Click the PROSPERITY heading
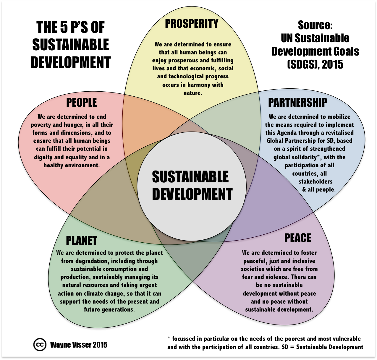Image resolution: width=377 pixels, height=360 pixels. tap(192, 24)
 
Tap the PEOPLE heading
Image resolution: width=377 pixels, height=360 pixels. tap(82, 103)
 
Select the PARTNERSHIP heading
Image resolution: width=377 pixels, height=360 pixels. tap(297, 103)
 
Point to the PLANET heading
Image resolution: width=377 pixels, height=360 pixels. tap(82, 241)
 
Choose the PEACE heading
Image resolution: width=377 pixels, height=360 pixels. tap(298, 238)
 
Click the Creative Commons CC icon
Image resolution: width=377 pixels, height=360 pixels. tap(40, 345)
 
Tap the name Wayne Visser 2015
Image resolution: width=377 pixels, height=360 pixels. tap(79, 345)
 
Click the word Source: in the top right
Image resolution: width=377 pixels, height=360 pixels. tap(315, 25)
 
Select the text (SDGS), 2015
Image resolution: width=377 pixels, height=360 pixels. tap(315, 64)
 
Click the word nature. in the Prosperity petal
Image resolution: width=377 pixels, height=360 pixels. tap(192, 93)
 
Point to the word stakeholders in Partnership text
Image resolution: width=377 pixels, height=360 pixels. tap(315, 181)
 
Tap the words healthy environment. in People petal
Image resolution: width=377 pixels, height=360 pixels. tap(72, 165)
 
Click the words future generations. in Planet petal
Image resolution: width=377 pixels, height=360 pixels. tap(109, 309)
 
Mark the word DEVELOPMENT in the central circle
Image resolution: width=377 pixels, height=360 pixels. tap(192, 194)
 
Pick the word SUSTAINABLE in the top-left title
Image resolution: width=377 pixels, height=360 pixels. tap(71, 45)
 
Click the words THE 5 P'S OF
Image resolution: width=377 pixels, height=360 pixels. tap(71, 27)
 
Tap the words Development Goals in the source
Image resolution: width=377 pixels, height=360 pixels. tap(315, 51)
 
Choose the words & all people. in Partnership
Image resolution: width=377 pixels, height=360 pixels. tap(319, 189)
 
